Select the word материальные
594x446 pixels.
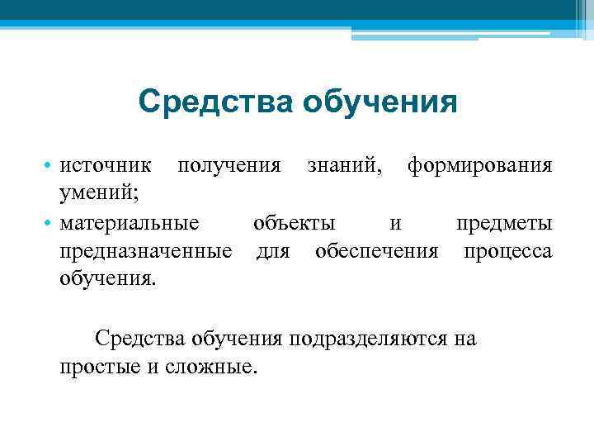point(129,223)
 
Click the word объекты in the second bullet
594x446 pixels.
point(294,223)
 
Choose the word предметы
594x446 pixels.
point(504,223)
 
